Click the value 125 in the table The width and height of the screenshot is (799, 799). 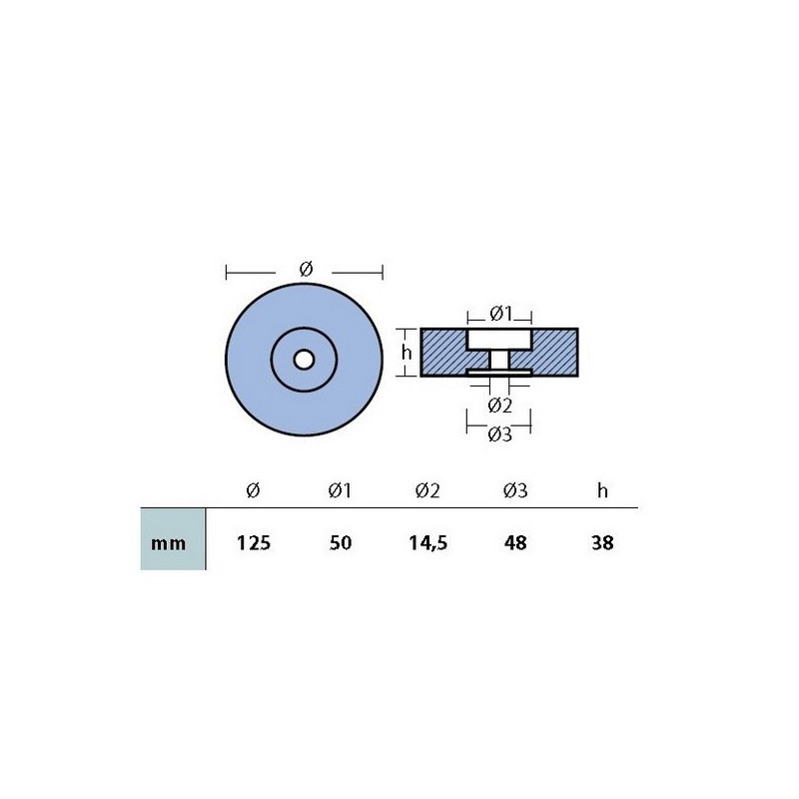tap(254, 542)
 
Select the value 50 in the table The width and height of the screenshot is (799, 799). tap(341, 542)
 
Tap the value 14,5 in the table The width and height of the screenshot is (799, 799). tap(428, 543)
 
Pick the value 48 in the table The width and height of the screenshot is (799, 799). tap(515, 542)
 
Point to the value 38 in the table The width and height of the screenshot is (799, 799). tap(602, 542)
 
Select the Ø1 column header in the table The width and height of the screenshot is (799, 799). tap(340, 490)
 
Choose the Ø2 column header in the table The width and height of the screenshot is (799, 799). tap(427, 490)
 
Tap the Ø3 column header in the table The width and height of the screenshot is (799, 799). tap(515, 490)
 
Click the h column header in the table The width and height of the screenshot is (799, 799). tap(603, 490)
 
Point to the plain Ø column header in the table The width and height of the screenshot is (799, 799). tap(253, 490)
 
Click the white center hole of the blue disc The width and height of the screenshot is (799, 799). tap(304, 360)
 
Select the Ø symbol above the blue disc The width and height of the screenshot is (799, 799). tap(306, 269)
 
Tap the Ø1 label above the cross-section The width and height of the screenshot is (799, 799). tap(500, 314)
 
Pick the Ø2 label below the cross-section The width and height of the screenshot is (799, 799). tap(500, 405)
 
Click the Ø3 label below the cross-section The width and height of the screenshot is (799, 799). tap(500, 434)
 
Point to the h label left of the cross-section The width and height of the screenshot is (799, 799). tap(406, 352)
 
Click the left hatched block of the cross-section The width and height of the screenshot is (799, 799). tap(444, 353)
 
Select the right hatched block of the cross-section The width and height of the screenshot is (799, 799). tap(554, 353)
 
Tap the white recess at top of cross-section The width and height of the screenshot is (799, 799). tap(499, 340)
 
